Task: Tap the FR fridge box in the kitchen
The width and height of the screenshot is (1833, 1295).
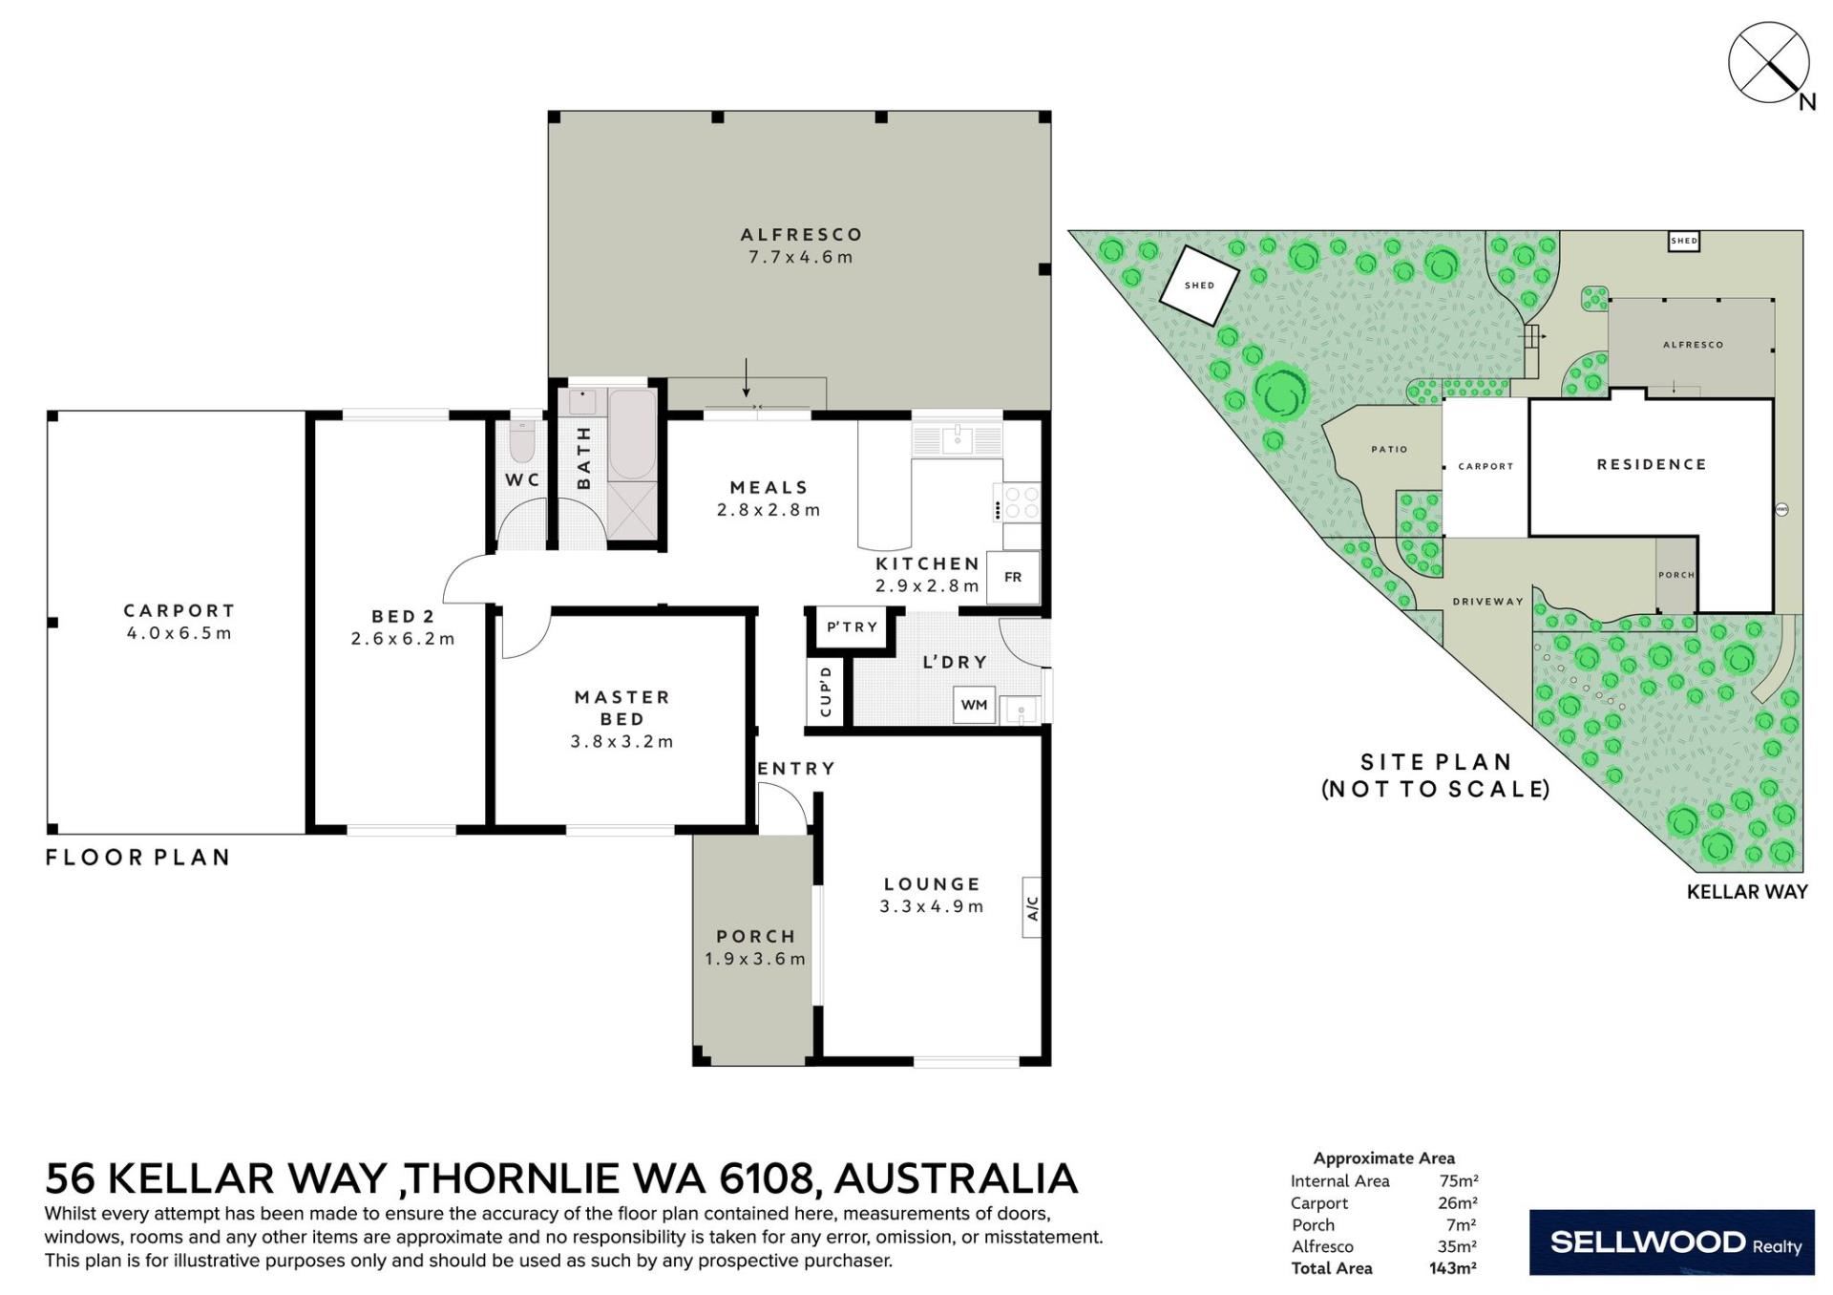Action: (1013, 577)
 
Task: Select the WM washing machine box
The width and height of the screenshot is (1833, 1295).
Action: (974, 705)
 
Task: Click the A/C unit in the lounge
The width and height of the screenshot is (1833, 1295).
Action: (1031, 907)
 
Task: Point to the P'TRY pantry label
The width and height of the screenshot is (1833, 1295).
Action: (852, 627)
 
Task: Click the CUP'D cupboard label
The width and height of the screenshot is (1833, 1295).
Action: (826, 691)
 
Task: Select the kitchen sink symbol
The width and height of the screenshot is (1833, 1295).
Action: (957, 439)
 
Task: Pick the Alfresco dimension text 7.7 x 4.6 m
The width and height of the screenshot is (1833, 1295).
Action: (800, 257)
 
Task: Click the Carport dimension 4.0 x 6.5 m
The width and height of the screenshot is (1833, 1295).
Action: (179, 633)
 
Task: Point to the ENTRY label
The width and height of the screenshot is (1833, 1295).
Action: (795, 769)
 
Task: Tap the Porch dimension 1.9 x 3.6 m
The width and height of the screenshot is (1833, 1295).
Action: (755, 959)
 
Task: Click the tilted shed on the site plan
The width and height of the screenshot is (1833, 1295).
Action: (1199, 285)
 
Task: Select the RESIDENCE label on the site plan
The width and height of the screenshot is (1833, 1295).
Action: (1652, 464)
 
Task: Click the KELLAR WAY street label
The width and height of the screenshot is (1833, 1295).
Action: (1747, 892)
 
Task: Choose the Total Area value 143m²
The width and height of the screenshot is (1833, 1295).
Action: (1453, 1268)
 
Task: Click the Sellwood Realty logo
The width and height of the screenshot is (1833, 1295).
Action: (1672, 1242)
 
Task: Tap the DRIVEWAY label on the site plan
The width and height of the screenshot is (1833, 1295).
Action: (1487, 602)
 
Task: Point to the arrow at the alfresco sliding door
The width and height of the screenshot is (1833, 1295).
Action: (747, 378)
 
